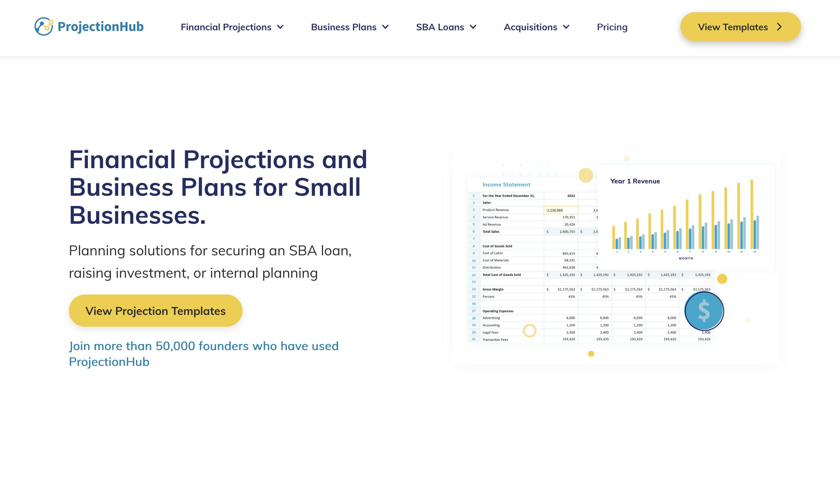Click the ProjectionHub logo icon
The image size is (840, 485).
pos(44,26)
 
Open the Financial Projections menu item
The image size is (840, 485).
pos(232,27)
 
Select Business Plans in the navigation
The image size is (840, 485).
pos(350,27)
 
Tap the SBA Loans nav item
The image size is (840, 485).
pos(446,27)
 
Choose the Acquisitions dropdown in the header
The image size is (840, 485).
pos(536,27)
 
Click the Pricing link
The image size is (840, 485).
pos(612,27)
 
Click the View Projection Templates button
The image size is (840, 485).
pos(155,311)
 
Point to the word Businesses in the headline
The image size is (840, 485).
pos(137,215)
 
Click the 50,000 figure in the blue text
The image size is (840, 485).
pos(175,346)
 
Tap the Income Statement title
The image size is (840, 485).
pos(506,185)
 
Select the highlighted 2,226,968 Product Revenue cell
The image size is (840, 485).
pos(561,210)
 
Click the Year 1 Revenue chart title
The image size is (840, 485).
pos(635,181)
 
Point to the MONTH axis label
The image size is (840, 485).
pos(686,258)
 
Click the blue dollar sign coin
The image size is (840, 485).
pos(704,311)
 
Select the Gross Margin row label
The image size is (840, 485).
pos(493,289)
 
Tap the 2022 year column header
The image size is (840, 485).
pos(571,196)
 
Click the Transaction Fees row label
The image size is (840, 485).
pos(495,340)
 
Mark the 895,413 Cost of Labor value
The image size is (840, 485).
pos(568,253)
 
